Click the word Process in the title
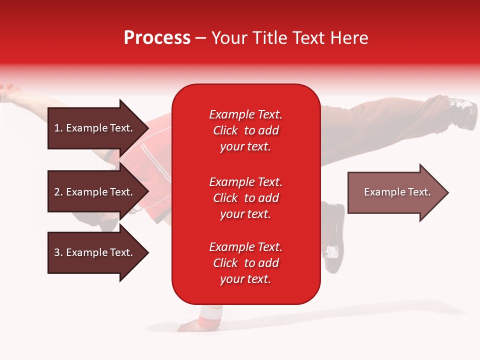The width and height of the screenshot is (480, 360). (157, 38)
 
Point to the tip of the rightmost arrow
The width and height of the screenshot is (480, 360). (447, 192)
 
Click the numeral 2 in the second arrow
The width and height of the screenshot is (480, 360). (57, 192)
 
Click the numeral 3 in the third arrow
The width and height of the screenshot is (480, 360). (57, 252)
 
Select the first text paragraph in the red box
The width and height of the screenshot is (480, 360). (245, 130)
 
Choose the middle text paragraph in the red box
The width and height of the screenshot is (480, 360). (245, 198)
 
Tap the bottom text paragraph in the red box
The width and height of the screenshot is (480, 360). (245, 263)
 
